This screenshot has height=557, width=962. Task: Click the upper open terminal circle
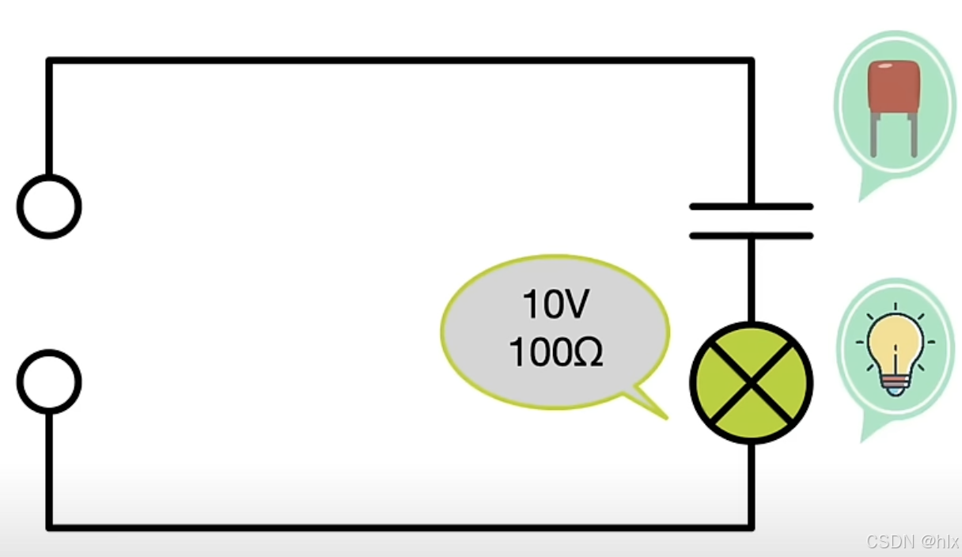49,206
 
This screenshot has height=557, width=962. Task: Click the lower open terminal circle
49,381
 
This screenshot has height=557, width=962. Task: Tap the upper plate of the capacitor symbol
751,207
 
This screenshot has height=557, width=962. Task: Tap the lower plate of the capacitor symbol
751,235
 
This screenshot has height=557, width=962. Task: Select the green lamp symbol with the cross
751,383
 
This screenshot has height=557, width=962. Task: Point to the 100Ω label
555,353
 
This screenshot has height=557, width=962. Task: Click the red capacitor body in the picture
893,87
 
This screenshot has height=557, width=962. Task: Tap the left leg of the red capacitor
874,135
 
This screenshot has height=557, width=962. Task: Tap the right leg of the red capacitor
913,135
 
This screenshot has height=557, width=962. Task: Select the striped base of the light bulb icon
895,385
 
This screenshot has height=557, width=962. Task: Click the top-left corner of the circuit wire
49,60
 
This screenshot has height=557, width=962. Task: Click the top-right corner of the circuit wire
751,60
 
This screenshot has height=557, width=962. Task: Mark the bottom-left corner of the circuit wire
49,526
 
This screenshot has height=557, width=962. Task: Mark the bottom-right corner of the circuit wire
751,526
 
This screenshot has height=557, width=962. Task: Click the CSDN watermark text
912,542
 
